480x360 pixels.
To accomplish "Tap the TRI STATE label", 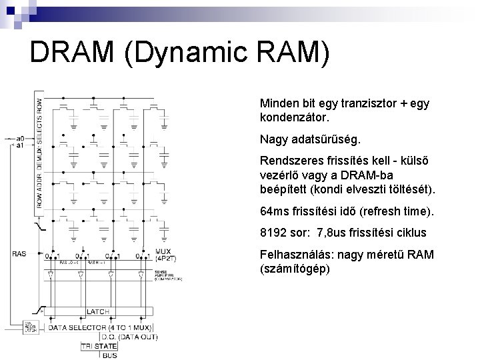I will click(99, 346).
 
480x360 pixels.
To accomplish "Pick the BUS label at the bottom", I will click(110, 355).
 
